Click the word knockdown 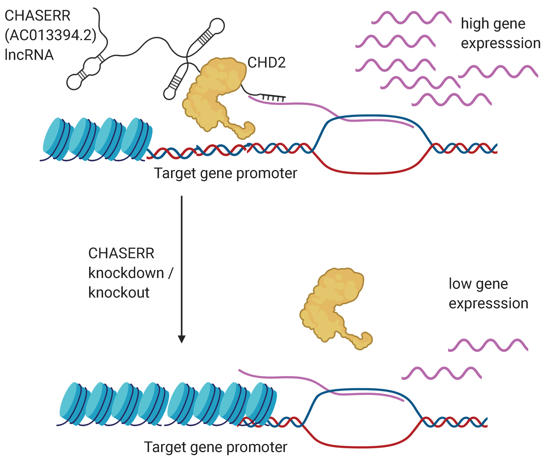pyautogui.click(x=126, y=273)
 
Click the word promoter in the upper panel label pyautogui.click(x=266, y=173)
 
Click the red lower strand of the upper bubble pyautogui.click(x=371, y=173)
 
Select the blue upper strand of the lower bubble pyautogui.click(x=361, y=389)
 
